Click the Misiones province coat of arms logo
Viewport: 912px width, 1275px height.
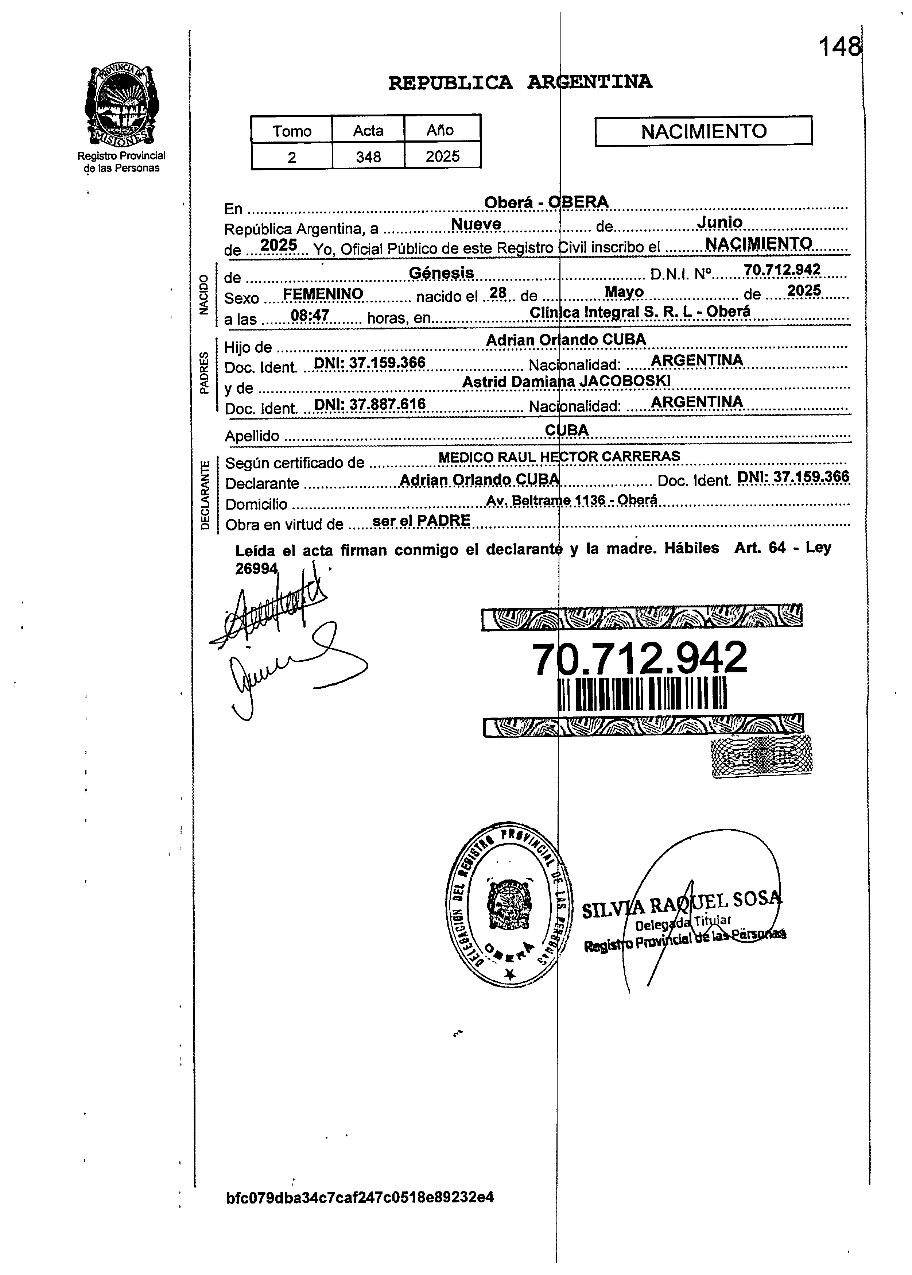coord(120,105)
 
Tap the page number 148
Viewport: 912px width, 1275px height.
coord(839,47)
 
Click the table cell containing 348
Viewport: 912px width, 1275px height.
coord(368,157)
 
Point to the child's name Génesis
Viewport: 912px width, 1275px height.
coord(441,273)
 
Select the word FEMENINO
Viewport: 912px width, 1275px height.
coord(323,294)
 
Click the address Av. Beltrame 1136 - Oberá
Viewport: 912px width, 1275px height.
coord(571,500)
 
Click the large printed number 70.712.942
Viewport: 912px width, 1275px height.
coord(639,658)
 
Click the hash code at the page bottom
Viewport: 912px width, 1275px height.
coord(360,1198)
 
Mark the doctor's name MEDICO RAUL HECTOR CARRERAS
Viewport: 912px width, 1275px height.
coord(559,457)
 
